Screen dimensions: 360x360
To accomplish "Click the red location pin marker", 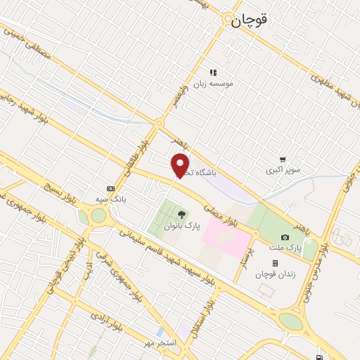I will pos(181,165).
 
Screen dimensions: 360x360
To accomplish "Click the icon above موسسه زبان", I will pos(212,72).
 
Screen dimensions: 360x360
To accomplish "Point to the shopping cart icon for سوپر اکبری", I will pos(282,160).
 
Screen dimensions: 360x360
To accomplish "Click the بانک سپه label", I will pos(110,200).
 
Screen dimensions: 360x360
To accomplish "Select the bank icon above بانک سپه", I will pos(110,188).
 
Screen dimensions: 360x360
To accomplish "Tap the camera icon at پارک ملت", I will pos(284,238).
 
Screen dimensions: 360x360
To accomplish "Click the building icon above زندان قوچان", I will pos(275,263).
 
